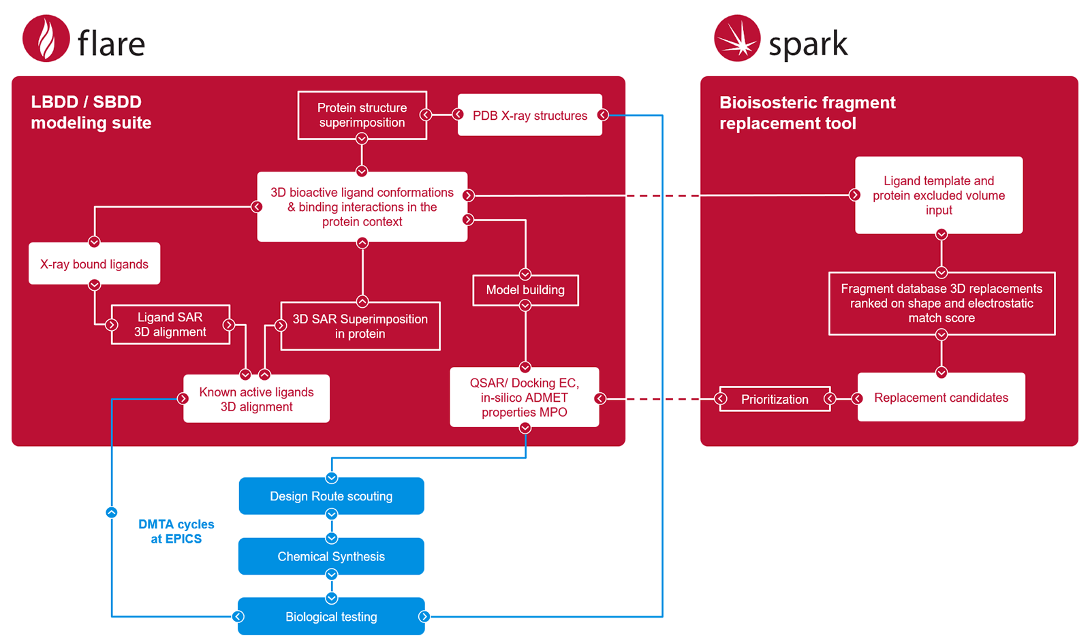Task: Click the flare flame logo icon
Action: click(x=46, y=39)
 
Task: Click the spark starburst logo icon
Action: click(x=737, y=39)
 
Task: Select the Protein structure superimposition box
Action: click(x=362, y=115)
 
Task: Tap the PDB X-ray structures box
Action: click(x=530, y=115)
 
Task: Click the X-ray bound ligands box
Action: click(x=94, y=264)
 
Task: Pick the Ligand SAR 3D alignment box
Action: click(x=170, y=325)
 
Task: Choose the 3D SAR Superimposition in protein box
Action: click(x=360, y=326)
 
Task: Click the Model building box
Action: click(x=525, y=290)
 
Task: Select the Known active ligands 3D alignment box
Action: click(x=256, y=399)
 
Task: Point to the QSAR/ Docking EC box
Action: click(x=525, y=398)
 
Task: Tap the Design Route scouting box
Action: click(x=331, y=496)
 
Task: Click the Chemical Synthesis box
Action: click(x=331, y=556)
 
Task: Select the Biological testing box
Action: click(x=331, y=617)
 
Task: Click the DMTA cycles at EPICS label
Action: click(x=176, y=532)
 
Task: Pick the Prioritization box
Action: click(x=775, y=400)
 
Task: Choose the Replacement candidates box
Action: click(x=941, y=398)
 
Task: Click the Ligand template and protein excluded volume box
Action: click(x=939, y=195)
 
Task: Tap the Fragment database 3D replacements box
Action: click(x=941, y=304)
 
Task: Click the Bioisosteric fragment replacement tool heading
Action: click(x=807, y=113)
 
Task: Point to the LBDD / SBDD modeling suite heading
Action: click(x=91, y=112)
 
